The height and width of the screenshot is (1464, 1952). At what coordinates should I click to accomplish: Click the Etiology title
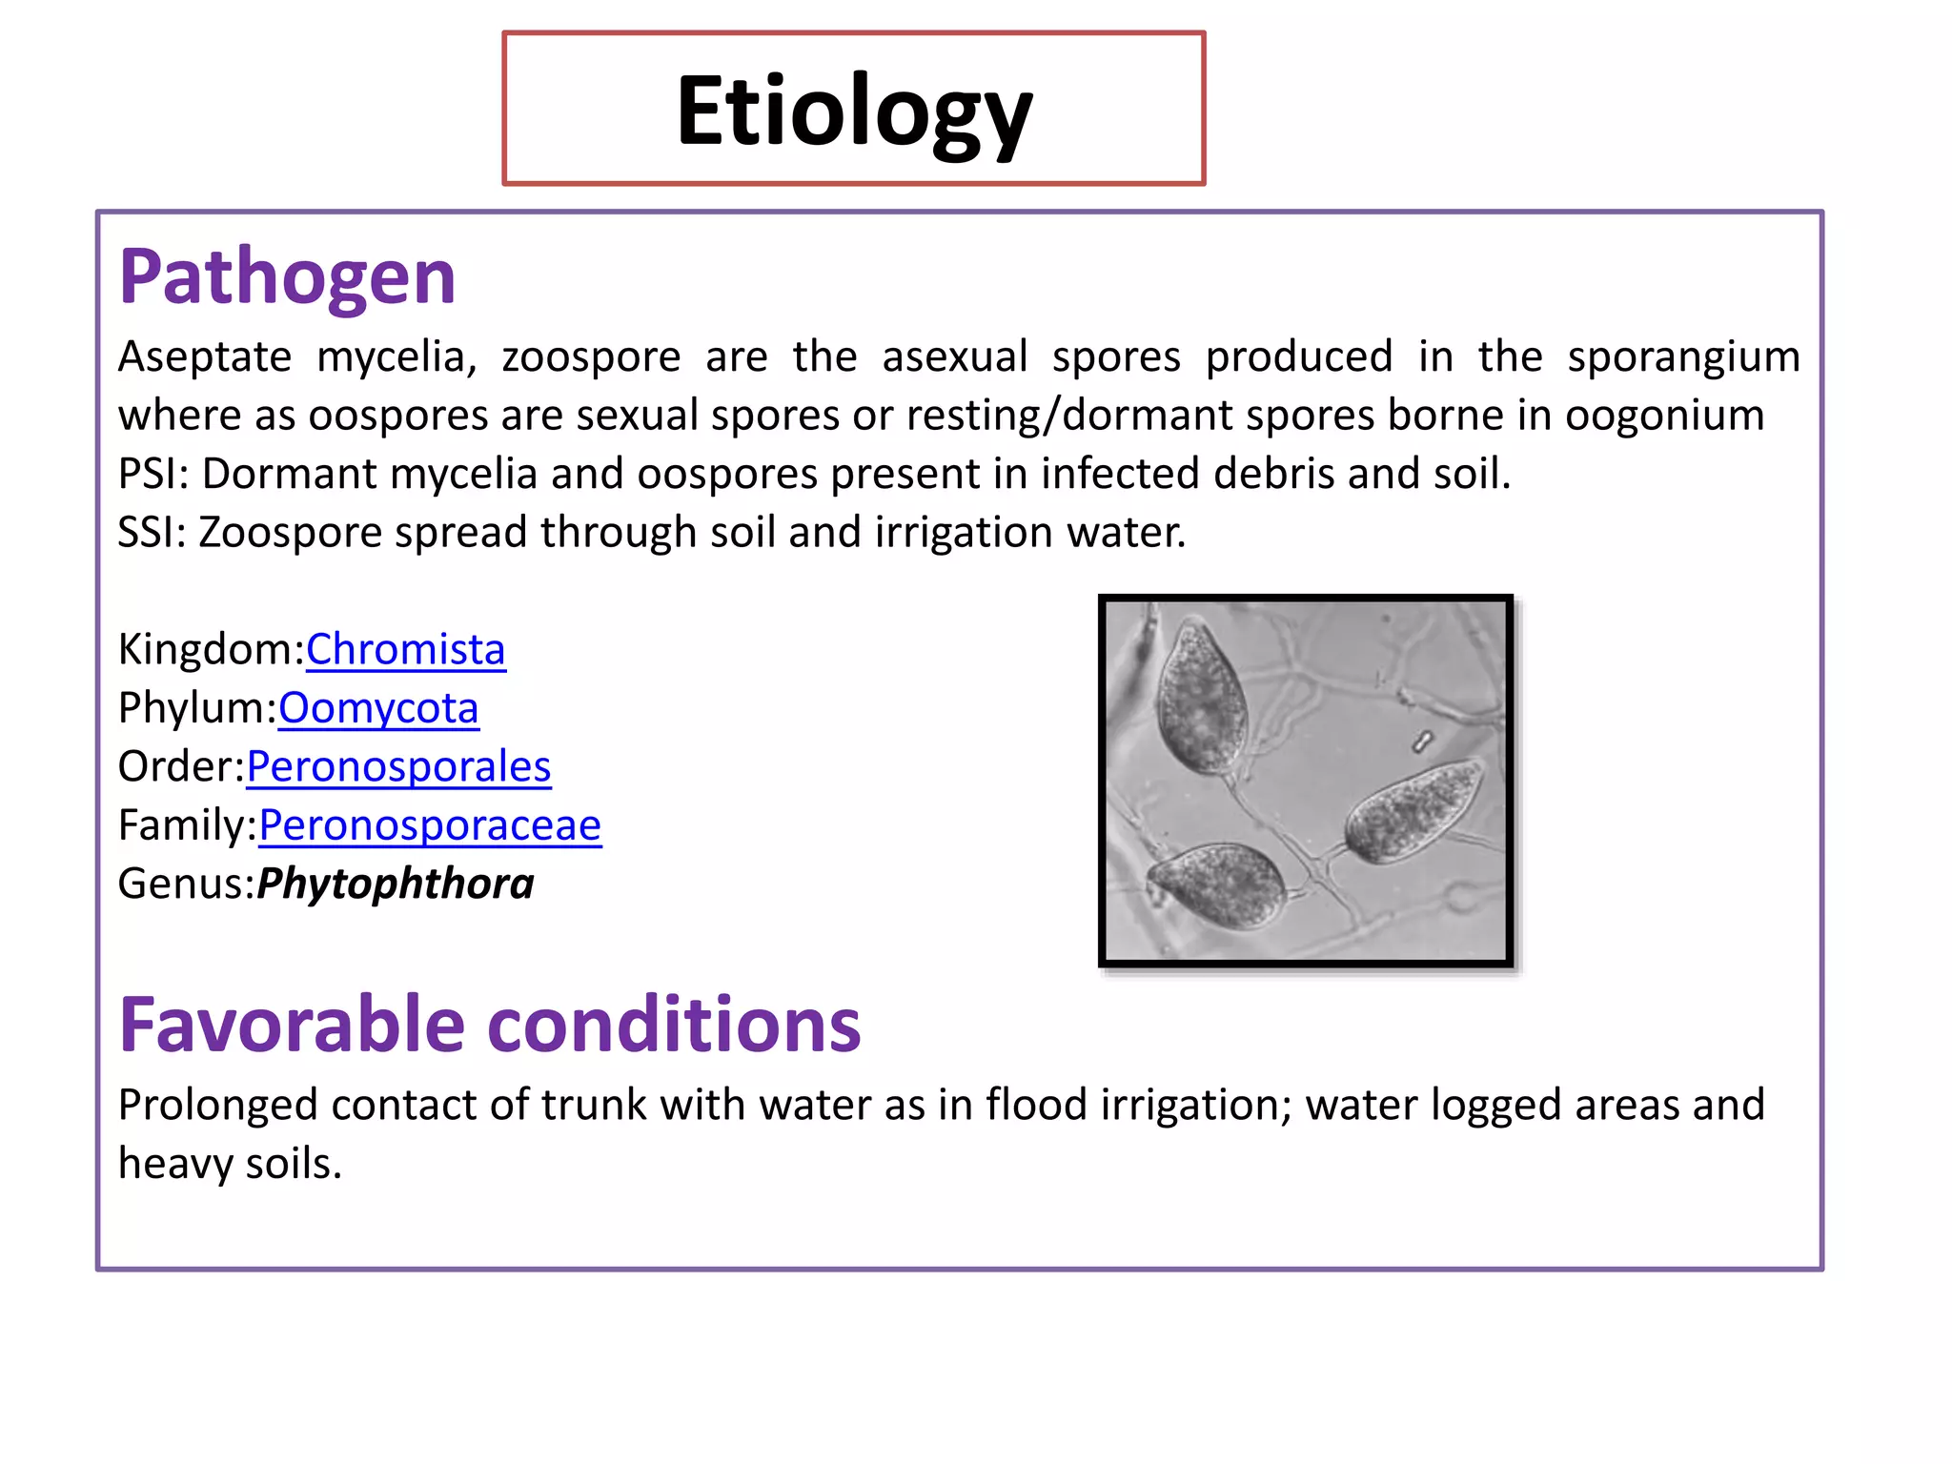[x=854, y=112]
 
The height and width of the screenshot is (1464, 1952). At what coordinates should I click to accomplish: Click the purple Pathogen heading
[x=287, y=277]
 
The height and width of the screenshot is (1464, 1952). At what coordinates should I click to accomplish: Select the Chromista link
[x=405, y=650]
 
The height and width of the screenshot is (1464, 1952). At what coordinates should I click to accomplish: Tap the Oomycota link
[x=378, y=708]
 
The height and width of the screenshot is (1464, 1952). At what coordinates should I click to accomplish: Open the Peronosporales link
[x=398, y=767]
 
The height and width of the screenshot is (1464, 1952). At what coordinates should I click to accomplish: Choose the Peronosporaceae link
[x=430, y=825]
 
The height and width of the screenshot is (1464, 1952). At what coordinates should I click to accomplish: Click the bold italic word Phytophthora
[x=396, y=884]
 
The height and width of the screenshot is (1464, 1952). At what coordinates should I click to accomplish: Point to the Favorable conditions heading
[x=489, y=1026]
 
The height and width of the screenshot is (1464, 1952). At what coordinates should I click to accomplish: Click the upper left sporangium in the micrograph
[x=1199, y=696]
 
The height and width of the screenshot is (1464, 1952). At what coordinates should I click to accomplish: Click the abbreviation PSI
[x=152, y=475]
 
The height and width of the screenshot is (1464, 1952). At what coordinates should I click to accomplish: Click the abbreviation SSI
[x=151, y=533]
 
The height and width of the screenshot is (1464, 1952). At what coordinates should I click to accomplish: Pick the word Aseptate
[x=204, y=357]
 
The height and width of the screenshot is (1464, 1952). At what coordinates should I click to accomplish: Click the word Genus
[x=184, y=884]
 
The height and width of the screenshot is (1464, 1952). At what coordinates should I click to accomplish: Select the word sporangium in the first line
[x=1683, y=357]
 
